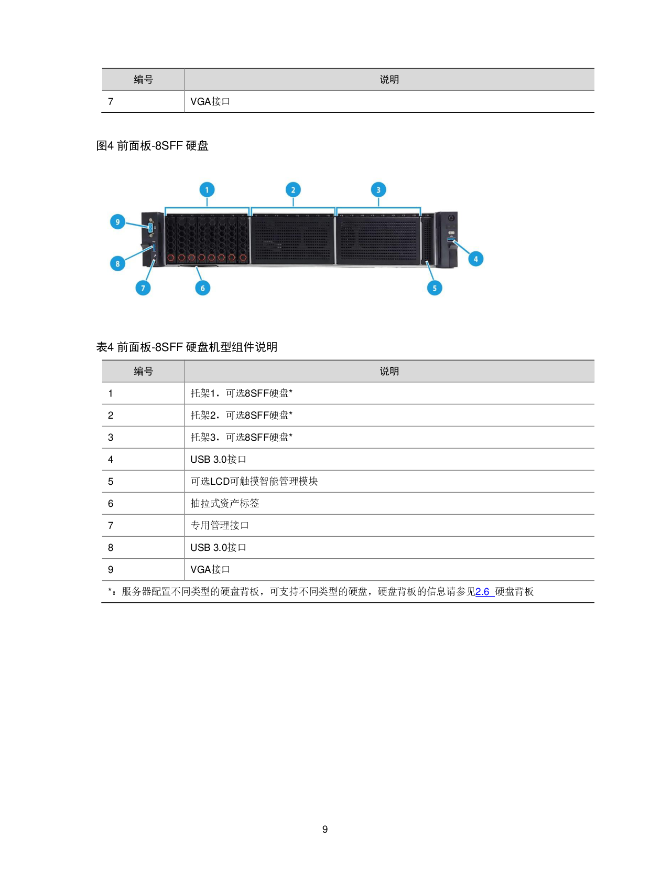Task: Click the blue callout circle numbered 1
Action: pyautogui.click(x=207, y=190)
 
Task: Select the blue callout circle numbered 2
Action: pyautogui.click(x=293, y=190)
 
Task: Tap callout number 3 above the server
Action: pyautogui.click(x=378, y=190)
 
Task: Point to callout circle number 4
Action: pyautogui.click(x=476, y=259)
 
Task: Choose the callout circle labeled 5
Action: pyautogui.click(x=435, y=288)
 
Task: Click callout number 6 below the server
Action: pyautogui.click(x=203, y=288)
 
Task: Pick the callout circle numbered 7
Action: pyautogui.click(x=143, y=288)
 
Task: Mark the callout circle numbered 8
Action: pyautogui.click(x=118, y=264)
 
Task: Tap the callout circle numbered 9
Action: pyautogui.click(x=118, y=222)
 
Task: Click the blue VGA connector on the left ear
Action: pyautogui.click(x=151, y=228)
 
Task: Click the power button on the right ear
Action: pyautogui.click(x=451, y=218)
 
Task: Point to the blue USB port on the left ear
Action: pyautogui.click(x=154, y=247)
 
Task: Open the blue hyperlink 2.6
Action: pyautogui.click(x=483, y=592)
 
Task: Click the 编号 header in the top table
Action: pyautogui.click(x=143, y=80)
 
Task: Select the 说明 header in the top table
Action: pyautogui.click(x=389, y=80)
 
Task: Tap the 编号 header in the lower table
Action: pyautogui.click(x=143, y=371)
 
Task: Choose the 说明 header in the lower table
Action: pyautogui.click(x=389, y=371)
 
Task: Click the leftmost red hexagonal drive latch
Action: pyautogui.click(x=171, y=257)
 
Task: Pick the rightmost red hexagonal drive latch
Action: pyautogui.click(x=243, y=257)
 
